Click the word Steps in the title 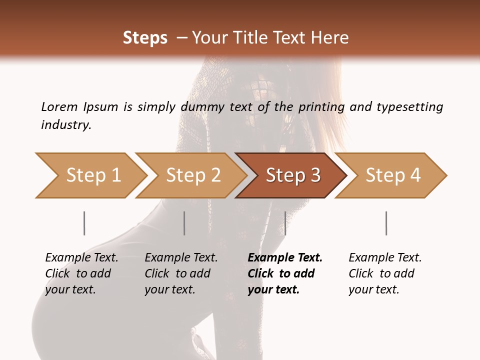145,38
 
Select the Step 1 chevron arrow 90,175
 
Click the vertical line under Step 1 84,223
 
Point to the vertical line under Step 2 184,223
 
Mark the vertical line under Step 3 285,223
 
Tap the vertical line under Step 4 386,223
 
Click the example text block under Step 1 81,273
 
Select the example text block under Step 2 181,273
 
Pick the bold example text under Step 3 285,273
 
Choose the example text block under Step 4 385,273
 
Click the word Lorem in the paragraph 58,107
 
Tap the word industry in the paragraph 65,125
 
